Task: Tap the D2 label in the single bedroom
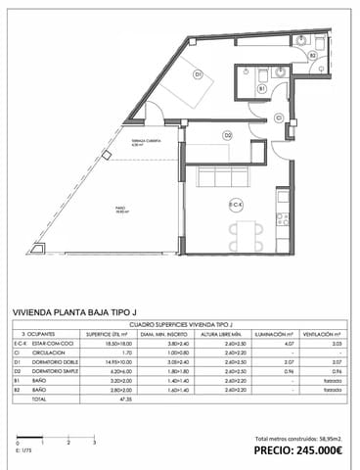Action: pos(227,135)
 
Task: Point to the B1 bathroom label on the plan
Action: pos(262,89)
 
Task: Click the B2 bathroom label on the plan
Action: pos(312,56)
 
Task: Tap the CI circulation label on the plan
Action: pos(279,117)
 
